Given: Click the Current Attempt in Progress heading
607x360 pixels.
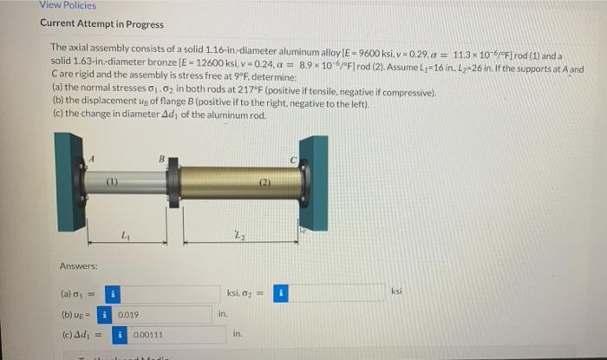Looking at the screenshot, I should click(x=101, y=24).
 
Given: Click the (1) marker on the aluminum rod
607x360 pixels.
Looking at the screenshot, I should click(x=112, y=182).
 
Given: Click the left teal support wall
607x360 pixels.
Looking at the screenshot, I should click(x=68, y=183).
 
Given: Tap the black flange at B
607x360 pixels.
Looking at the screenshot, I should click(x=173, y=183).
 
